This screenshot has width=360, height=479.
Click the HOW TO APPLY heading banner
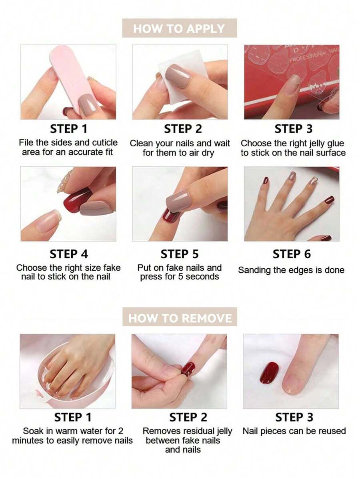179,28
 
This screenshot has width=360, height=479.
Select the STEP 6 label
292,254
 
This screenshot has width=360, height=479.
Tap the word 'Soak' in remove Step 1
33,431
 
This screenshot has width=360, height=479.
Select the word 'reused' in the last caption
332,431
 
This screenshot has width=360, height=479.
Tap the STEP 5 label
179,254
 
